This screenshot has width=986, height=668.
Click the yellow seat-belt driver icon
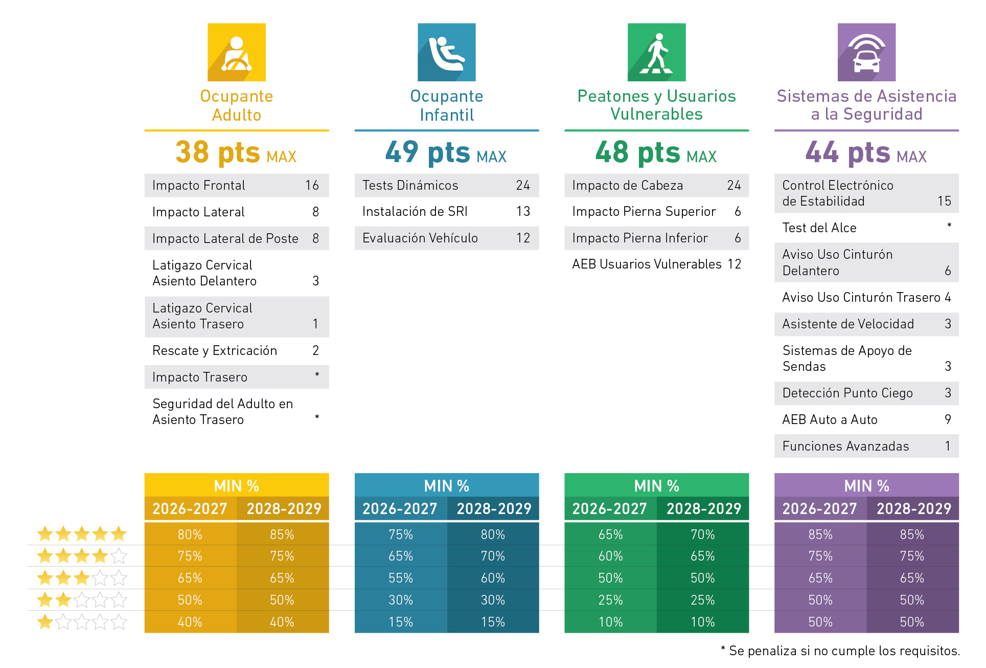(x=236, y=52)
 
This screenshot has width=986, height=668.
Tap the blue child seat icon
(x=446, y=52)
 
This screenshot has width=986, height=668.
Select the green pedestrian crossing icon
(x=656, y=52)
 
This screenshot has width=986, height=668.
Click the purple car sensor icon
(x=866, y=52)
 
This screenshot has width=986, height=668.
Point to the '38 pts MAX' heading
(x=236, y=152)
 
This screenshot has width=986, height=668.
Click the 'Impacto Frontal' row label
(x=199, y=186)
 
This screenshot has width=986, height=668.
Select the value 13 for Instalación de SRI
(x=523, y=212)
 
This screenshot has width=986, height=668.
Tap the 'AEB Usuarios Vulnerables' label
(x=647, y=264)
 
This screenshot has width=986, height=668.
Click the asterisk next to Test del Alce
(x=949, y=226)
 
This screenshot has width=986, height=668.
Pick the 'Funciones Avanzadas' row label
(x=845, y=447)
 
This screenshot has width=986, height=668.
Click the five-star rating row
(x=82, y=535)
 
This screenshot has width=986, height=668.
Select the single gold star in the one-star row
(x=45, y=622)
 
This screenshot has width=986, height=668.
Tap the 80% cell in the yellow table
(x=190, y=535)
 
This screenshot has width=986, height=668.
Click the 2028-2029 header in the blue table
(x=494, y=509)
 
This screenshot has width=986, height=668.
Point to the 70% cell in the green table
(x=703, y=535)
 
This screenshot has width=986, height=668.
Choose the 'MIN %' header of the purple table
(x=866, y=486)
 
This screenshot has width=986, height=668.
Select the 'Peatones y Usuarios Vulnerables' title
(x=656, y=105)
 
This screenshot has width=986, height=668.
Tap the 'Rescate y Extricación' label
(x=215, y=351)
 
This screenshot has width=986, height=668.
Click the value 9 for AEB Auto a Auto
(x=948, y=420)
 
